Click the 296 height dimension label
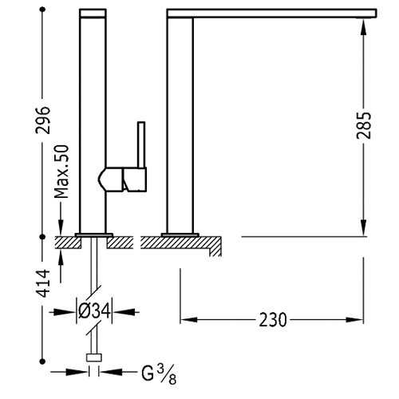click(x=42, y=120)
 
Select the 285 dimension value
click(x=364, y=125)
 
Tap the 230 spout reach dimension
click(x=273, y=320)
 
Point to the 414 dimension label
click(x=42, y=283)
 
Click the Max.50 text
click(x=61, y=172)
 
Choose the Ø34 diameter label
click(x=94, y=311)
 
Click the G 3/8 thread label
click(x=159, y=374)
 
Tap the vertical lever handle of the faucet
click(x=141, y=145)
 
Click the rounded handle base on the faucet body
click(x=111, y=180)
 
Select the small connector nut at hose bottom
click(x=94, y=358)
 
